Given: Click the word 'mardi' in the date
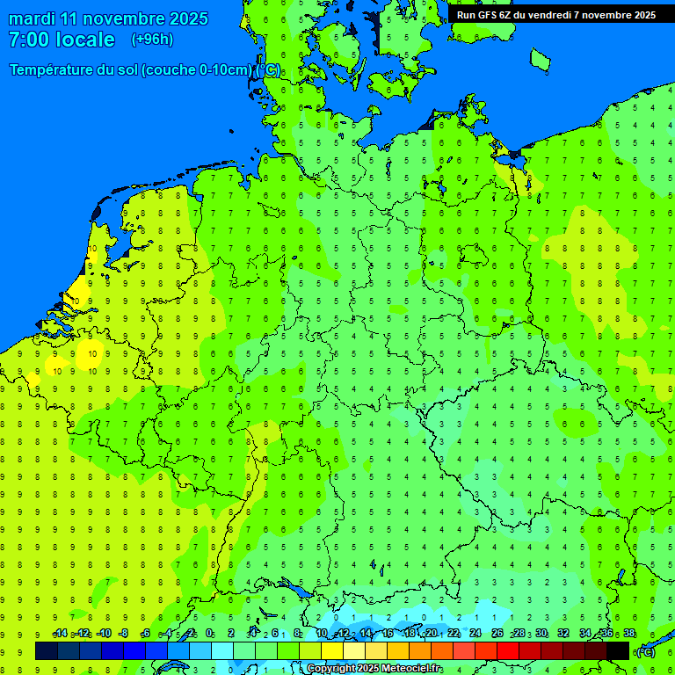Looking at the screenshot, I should tap(32, 18).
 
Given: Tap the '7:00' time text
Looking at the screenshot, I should tap(26, 40).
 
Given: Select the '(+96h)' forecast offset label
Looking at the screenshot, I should tap(152, 40).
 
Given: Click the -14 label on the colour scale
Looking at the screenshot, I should tap(60, 634).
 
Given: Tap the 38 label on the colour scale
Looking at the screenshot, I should tap(629, 634).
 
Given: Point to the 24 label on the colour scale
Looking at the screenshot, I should tap(475, 634).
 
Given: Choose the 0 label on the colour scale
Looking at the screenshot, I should tap(209, 634).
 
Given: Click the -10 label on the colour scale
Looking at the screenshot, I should tap(103, 634).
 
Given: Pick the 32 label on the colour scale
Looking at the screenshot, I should tap(563, 634).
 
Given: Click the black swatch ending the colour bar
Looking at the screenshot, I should tap(618, 650).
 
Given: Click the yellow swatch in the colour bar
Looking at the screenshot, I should tap(332, 650).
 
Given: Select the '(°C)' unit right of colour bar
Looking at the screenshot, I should tap(646, 651).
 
